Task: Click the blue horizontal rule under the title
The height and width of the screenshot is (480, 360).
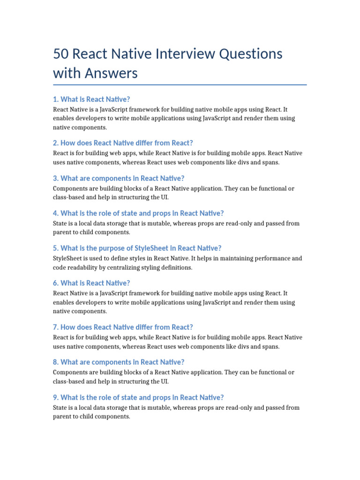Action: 180,85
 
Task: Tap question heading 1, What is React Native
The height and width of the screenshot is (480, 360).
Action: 91,99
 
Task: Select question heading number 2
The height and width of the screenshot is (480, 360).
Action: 123,143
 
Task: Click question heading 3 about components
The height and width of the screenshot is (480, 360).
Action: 119,178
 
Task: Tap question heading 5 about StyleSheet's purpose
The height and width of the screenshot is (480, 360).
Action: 137,248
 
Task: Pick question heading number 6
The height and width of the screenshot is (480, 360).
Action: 91,283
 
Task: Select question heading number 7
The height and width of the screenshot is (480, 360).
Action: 123,327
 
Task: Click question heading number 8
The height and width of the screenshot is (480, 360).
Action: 119,362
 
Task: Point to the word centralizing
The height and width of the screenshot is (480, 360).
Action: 135,267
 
